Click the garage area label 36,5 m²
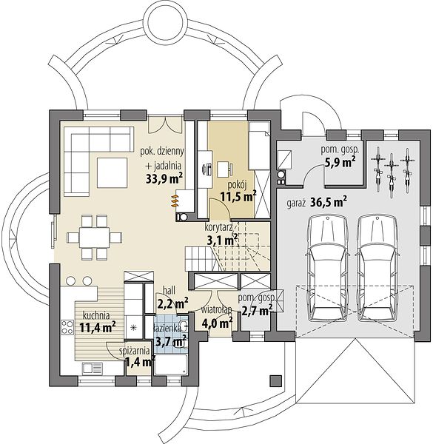pos(329,202)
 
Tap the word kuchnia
pos(96,315)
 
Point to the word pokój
pos(238,185)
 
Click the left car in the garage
pos(327,269)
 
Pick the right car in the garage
pos(377,269)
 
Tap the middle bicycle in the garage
pos(392,172)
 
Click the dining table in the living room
pos(94,238)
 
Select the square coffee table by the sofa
pos(113,172)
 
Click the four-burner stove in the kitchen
pos(67,326)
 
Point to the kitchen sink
pos(93,369)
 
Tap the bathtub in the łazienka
pos(171,365)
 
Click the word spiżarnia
pos(135,351)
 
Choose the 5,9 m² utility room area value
pos(340,163)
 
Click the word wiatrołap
pos(217,309)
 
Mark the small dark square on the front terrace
pos(276,380)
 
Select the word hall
pos(169,290)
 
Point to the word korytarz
pos(219,227)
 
